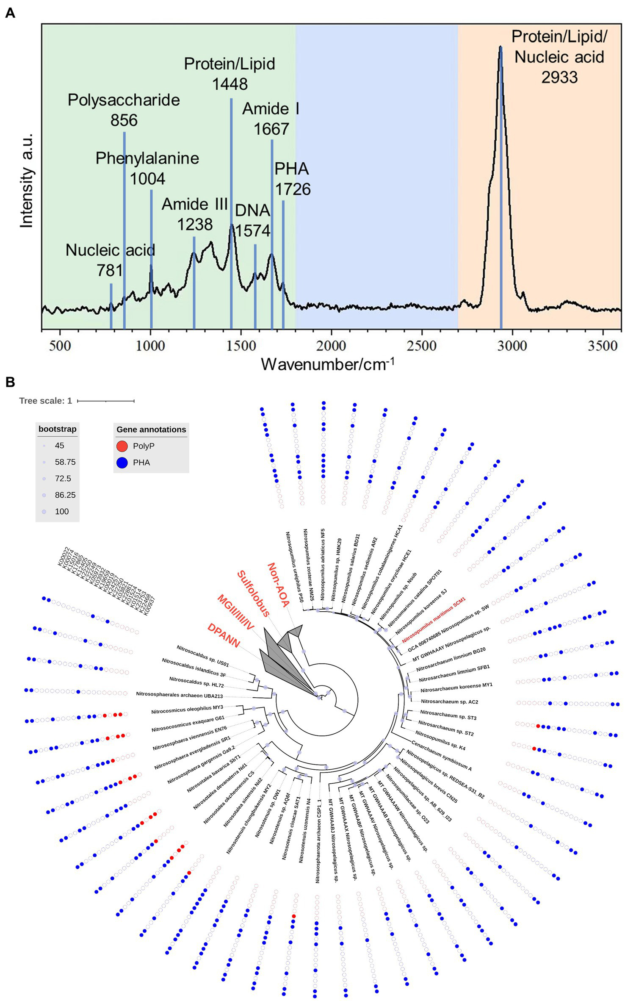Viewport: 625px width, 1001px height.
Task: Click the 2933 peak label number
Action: (x=559, y=78)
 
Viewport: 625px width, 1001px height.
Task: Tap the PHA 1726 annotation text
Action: (x=292, y=179)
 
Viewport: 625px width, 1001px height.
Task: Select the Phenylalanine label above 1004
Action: (x=147, y=158)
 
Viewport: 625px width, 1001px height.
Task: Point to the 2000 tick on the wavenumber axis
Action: (x=331, y=346)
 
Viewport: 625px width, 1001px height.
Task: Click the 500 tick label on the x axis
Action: (x=60, y=346)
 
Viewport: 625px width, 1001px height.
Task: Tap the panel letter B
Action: (x=10, y=382)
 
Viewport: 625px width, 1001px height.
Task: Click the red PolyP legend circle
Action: (x=122, y=446)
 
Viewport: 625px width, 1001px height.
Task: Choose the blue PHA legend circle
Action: (x=122, y=463)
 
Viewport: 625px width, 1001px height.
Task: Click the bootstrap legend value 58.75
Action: (x=65, y=462)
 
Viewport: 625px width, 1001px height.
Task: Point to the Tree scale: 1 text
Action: (x=45, y=401)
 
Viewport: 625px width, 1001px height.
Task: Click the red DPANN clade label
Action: (x=224, y=635)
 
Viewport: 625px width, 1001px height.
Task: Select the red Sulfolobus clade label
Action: (x=253, y=593)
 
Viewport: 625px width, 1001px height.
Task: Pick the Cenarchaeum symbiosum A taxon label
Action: (x=441, y=756)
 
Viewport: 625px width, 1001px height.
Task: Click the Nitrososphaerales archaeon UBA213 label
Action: (x=179, y=695)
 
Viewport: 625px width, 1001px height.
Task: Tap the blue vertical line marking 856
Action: (x=124, y=229)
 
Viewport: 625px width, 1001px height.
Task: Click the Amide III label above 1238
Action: (x=194, y=204)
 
